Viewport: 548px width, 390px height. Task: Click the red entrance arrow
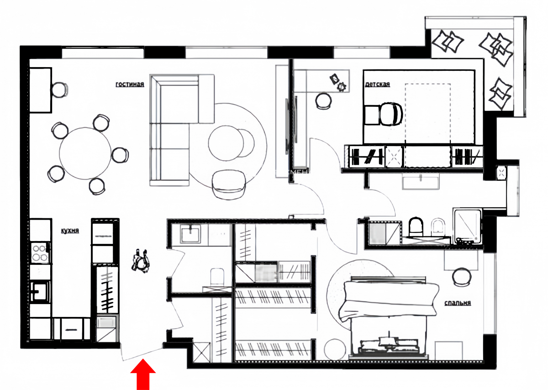tap(143, 374)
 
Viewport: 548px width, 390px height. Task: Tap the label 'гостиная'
tap(130, 84)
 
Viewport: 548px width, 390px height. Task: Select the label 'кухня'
tap(70, 231)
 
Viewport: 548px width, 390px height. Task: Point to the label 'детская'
tap(377, 84)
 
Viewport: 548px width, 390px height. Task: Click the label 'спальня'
tap(458, 303)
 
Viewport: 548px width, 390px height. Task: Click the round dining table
tap(85, 153)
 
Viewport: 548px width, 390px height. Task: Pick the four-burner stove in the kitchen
tap(40, 253)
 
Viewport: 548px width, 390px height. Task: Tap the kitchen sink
tap(40, 292)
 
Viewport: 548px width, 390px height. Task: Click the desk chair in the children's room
tap(391, 114)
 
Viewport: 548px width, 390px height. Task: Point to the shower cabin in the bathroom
tap(468, 227)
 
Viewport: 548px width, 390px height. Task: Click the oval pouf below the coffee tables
tap(229, 184)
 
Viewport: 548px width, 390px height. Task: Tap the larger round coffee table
tap(226, 143)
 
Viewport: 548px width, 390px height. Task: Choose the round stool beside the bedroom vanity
tap(462, 277)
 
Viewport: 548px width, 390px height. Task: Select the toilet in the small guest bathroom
tap(217, 277)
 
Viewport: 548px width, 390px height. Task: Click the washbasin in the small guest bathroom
tap(190, 234)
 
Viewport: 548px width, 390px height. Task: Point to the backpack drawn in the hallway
tap(141, 261)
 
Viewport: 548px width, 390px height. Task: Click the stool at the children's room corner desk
tap(323, 100)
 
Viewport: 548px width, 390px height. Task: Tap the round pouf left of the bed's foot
tap(335, 349)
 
